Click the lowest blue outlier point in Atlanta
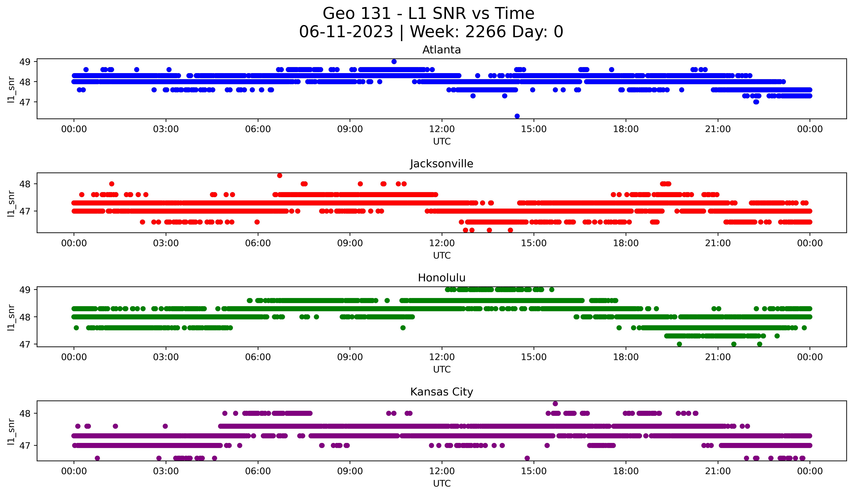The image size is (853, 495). [x=517, y=116]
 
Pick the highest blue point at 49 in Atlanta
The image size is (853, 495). [x=394, y=62]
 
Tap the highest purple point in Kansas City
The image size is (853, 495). [x=555, y=404]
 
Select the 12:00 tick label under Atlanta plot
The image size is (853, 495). [x=442, y=129]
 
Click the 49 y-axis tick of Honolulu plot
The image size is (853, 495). [x=25, y=290]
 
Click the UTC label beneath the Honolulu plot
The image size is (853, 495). [x=442, y=369]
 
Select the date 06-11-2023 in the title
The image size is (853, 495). [x=346, y=32]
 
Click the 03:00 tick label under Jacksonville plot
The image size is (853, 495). [x=166, y=243]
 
